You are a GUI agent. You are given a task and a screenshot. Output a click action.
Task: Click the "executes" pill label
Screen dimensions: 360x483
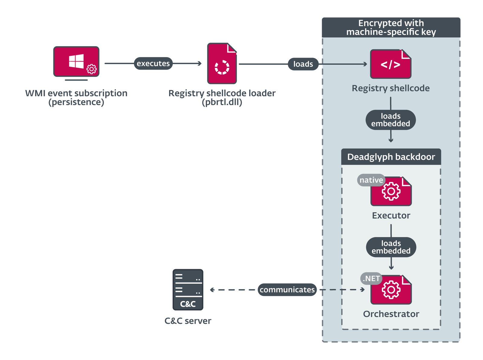click(x=153, y=63)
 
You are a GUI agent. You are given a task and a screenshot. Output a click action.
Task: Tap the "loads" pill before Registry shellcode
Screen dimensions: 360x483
click(x=303, y=64)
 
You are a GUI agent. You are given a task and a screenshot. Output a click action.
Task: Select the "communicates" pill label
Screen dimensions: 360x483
click(x=287, y=290)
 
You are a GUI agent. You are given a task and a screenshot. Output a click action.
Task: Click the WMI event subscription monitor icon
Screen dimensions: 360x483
click(x=76, y=62)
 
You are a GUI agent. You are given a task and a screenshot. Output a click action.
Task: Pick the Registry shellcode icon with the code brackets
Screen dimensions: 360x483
click(x=391, y=64)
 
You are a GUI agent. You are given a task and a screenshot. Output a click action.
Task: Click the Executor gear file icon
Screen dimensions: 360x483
click(x=391, y=191)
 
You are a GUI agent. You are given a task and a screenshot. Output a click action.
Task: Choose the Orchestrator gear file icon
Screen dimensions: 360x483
click(x=391, y=290)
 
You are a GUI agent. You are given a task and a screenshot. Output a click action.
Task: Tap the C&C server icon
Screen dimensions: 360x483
click(x=188, y=290)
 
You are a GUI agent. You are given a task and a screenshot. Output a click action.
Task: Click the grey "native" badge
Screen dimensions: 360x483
click(x=371, y=180)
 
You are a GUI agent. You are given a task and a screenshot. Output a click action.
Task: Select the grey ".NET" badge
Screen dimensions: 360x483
click(x=371, y=279)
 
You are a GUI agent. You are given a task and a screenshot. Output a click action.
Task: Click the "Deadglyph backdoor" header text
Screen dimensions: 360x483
click(x=391, y=157)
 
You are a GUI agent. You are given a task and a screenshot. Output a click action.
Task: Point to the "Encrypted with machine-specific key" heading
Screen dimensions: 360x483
click(x=391, y=27)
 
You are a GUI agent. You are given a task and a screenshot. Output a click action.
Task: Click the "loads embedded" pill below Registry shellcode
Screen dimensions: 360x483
click(x=391, y=120)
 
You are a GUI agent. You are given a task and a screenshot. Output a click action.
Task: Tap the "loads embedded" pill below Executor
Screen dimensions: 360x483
click(x=391, y=247)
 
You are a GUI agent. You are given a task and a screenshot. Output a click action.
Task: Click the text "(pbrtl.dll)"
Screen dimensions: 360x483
click(x=222, y=102)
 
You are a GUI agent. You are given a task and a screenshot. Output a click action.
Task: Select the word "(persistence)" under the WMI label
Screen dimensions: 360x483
click(x=76, y=102)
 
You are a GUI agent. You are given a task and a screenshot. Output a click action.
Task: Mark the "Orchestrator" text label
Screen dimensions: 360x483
click(x=391, y=314)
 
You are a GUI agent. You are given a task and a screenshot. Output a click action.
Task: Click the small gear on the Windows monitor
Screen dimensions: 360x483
click(x=91, y=69)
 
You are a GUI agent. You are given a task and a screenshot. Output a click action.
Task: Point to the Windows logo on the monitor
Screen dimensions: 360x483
click(x=76, y=61)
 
